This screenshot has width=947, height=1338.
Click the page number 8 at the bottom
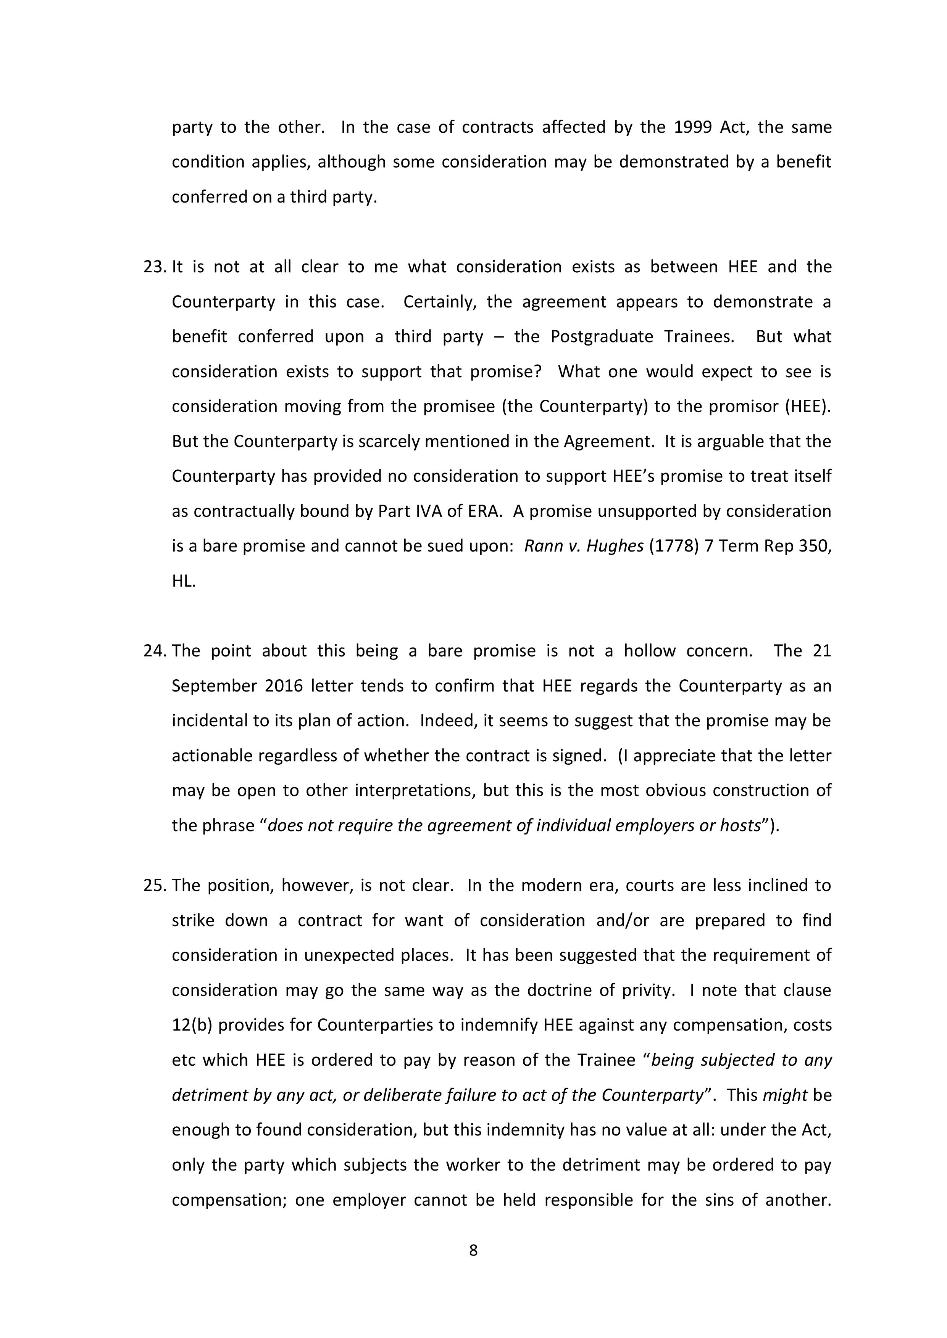click(x=473, y=1250)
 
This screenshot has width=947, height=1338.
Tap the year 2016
click(x=284, y=686)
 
